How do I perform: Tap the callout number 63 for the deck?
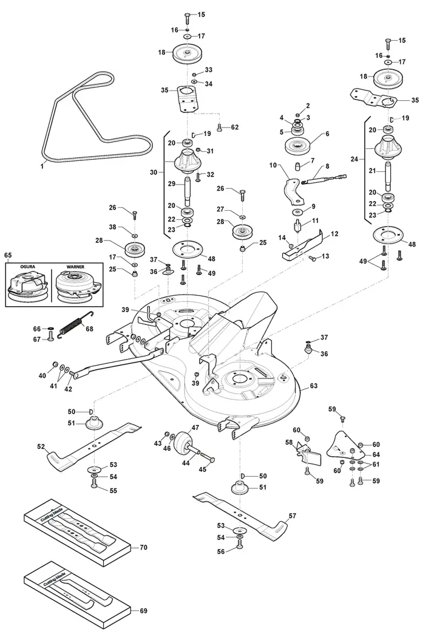313,386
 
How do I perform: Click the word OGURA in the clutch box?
28,267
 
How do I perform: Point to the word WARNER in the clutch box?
75,267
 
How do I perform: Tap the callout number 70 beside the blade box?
143,547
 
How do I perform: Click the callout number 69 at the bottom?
143,611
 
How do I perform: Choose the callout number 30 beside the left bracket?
154,172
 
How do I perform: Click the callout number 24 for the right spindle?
354,159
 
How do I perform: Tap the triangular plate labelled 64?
346,446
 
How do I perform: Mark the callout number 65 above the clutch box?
8,255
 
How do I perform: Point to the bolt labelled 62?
220,128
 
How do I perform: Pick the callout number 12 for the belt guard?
334,234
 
